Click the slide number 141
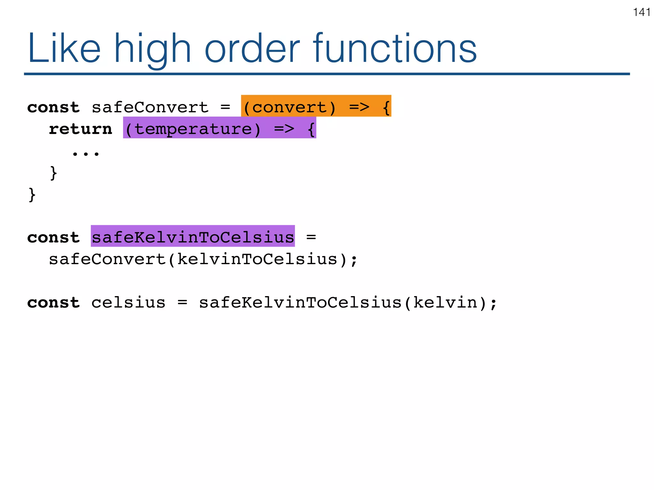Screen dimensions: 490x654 (x=642, y=12)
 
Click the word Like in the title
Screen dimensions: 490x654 (x=64, y=49)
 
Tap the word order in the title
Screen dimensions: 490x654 (x=252, y=49)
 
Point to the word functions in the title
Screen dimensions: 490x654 (x=395, y=49)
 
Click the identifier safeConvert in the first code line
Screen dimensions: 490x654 (x=150, y=108)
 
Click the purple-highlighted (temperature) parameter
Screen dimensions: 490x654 (x=193, y=129)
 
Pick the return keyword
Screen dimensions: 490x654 (x=80, y=129)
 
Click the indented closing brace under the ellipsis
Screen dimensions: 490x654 (x=54, y=173)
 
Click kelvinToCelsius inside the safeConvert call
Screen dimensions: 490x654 (x=257, y=259)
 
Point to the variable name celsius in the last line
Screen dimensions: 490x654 (x=128, y=302)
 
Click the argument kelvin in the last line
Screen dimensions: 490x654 (x=445, y=302)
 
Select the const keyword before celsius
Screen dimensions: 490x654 (x=53, y=302)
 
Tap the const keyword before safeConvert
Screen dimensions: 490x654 (x=53, y=108)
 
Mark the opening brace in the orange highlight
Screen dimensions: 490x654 (x=386, y=108)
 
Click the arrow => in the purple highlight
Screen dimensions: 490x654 (x=284, y=129)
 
